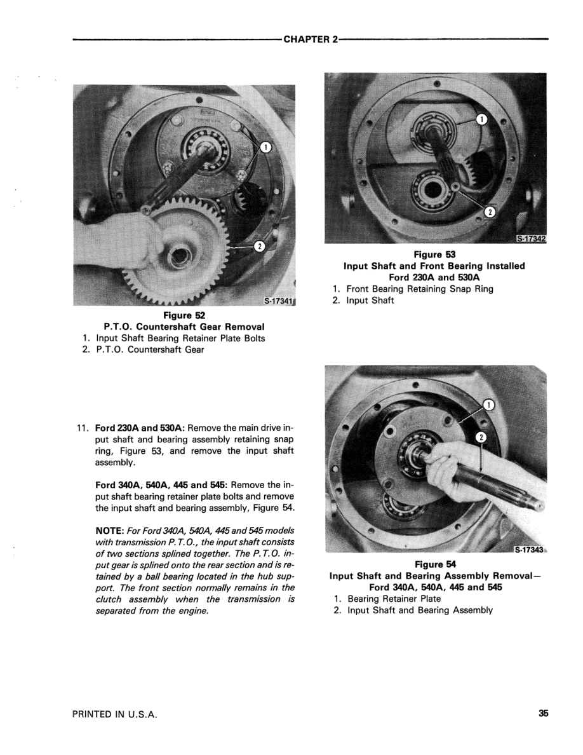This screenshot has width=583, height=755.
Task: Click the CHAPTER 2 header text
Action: [311, 39]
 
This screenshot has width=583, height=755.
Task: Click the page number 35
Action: [543, 714]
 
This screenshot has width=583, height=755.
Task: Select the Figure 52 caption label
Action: [184, 315]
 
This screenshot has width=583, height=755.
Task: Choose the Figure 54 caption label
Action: [435, 564]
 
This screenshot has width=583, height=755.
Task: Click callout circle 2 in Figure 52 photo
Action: [259, 247]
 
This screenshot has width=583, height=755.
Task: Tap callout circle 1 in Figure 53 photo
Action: [482, 119]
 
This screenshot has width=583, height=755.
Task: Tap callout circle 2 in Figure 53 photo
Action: [490, 212]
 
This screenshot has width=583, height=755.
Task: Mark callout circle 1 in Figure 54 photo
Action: [488, 404]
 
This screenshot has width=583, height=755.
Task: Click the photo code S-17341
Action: [278, 301]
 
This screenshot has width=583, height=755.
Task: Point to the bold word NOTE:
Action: [112, 531]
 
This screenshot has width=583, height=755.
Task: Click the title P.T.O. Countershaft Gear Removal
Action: [184, 327]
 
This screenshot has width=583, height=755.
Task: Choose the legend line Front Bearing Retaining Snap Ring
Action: [419, 289]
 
